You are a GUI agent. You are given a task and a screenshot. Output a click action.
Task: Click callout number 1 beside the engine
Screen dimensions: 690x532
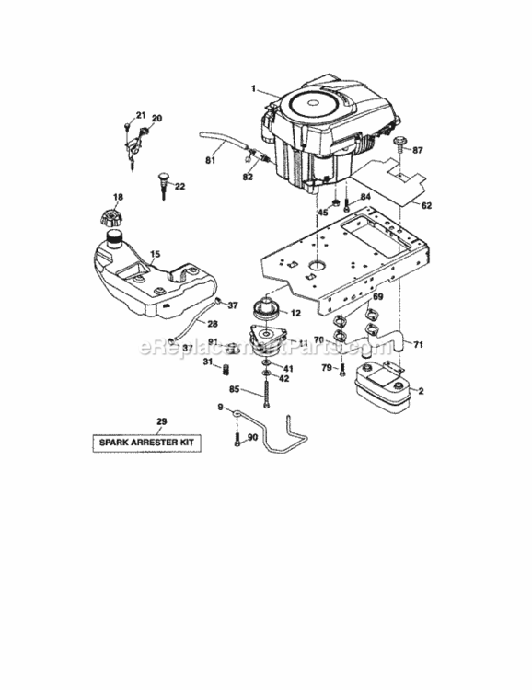[x=249, y=88]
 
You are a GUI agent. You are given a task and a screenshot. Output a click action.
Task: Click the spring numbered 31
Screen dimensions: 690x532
[x=221, y=371]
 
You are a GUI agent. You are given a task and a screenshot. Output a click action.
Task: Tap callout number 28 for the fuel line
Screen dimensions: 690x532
[x=212, y=323]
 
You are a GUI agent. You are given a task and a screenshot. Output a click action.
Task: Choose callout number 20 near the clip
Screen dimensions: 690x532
[x=156, y=118]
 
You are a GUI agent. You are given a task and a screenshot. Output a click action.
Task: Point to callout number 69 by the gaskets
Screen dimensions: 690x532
[x=376, y=296]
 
